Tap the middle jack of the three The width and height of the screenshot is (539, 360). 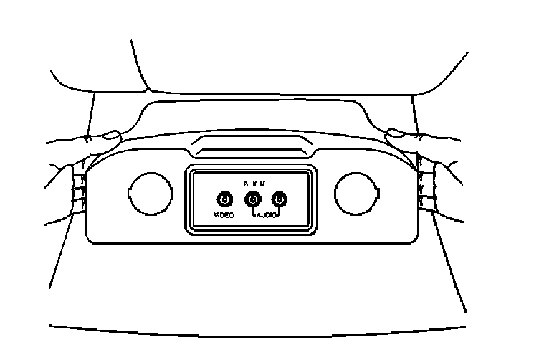(252, 200)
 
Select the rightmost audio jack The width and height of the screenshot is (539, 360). (279, 200)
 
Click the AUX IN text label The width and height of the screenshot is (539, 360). (252, 184)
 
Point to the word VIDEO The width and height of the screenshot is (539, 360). (224, 215)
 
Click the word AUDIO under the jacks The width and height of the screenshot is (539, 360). (265, 215)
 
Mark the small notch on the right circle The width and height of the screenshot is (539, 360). (377, 192)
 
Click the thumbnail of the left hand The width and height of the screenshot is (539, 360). (111, 133)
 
